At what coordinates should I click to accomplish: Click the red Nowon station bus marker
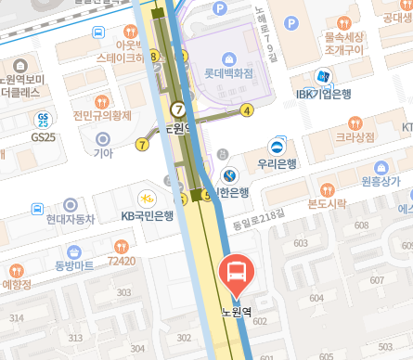pos(237,272)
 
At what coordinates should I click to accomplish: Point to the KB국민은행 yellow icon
pos(147,198)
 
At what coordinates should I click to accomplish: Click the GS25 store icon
pos(43,120)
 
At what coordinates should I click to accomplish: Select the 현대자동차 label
pos(71,219)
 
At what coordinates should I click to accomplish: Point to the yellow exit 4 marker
pos(246,109)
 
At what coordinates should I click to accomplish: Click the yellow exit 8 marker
pos(153,58)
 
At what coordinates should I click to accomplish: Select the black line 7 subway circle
pos(176,109)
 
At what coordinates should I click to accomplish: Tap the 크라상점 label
pos(355,136)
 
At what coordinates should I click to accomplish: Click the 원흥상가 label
pos(379,181)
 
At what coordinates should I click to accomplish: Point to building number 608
pos(361,225)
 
